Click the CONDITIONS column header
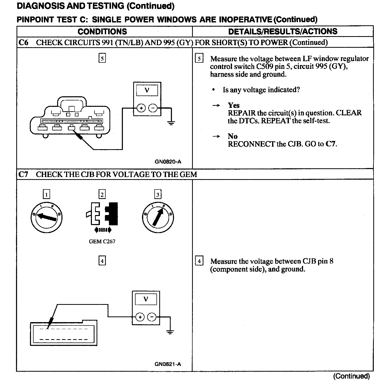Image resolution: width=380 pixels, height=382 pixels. click(x=102, y=31)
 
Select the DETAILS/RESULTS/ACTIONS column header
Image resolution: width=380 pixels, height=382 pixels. click(x=283, y=31)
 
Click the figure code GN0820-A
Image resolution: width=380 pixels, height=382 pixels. click(x=168, y=162)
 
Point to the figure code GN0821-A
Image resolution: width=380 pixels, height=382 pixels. click(x=168, y=364)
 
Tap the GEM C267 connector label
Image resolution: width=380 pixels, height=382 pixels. click(x=102, y=242)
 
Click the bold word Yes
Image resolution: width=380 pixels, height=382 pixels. click(x=234, y=105)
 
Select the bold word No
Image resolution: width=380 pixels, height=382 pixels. click(x=232, y=136)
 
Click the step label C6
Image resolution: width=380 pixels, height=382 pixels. click(x=23, y=42)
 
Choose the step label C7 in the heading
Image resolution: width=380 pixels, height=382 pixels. click(x=23, y=174)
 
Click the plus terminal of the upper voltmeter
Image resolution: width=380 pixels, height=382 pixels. click(x=141, y=108)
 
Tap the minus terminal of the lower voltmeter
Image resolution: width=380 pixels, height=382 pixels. click(x=152, y=317)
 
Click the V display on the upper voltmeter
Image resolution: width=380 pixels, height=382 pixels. click(x=147, y=90)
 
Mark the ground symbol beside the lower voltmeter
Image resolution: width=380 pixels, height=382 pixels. click(x=170, y=332)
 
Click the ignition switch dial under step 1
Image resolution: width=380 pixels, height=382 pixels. click(x=46, y=217)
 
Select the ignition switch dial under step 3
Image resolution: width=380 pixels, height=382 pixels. click(x=158, y=217)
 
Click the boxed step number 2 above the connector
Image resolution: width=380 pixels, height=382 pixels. click(x=102, y=194)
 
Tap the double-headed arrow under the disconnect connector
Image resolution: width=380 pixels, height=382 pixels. click(x=103, y=229)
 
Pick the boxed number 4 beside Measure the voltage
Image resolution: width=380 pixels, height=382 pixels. click(x=199, y=261)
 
